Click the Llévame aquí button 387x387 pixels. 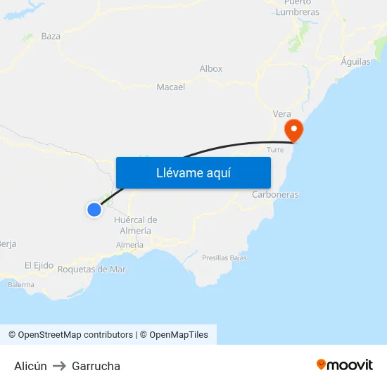coord(193,172)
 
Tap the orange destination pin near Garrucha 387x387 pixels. coord(293,129)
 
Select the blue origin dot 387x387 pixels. coord(94,209)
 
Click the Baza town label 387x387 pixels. coord(51,36)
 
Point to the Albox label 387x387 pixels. coord(211,69)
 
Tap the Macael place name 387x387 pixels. coord(170,87)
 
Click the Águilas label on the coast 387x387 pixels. coord(355,62)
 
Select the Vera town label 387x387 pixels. coord(281,114)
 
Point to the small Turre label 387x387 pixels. coord(275,150)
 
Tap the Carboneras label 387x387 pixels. coord(275,194)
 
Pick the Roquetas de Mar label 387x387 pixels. coord(91,269)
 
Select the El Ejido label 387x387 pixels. coord(39,265)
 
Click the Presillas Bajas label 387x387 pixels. coord(224,258)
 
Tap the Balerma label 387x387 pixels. coord(20,285)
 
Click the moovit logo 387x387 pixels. coord(345,365)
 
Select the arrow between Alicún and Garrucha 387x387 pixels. coord(59,366)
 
